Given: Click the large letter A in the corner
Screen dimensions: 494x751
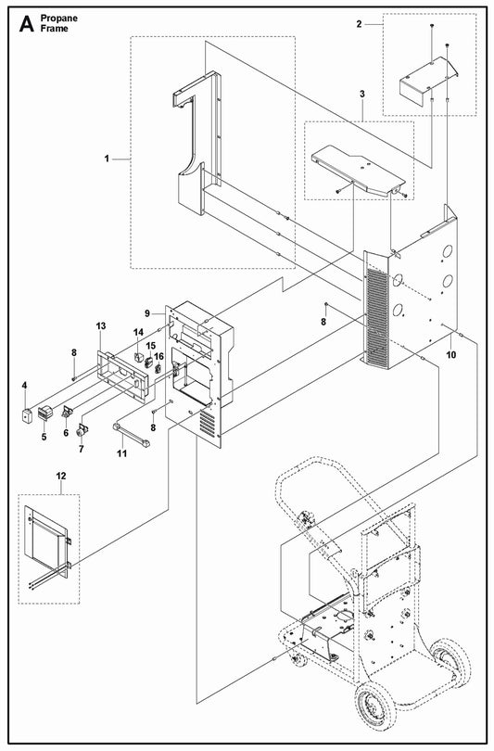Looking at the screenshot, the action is point(26,23).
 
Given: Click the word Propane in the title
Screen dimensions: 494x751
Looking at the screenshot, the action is point(59,19).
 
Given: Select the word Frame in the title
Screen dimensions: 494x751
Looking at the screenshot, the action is point(54,29).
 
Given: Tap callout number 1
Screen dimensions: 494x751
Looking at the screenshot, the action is point(107,159).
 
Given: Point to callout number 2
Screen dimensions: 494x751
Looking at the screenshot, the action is point(359,24).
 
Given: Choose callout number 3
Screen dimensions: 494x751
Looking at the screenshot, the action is point(362,94).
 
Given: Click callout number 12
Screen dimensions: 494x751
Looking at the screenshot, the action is point(61,476).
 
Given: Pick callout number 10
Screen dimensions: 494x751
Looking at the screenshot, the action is point(451,355).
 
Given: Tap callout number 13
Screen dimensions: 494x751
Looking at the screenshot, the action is point(101,326).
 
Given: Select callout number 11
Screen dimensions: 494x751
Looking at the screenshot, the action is point(122,453).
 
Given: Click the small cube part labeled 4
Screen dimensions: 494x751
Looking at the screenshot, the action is point(26,415).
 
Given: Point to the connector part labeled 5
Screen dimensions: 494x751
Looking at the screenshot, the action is point(44,413).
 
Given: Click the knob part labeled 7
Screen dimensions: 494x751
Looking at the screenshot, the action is point(82,430).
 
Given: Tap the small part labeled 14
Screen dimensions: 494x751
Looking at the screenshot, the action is point(139,357).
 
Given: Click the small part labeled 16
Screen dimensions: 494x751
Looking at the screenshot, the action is point(158,368).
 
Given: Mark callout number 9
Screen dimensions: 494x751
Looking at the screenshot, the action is point(147,313).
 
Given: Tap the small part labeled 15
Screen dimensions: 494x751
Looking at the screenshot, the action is point(149,362).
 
